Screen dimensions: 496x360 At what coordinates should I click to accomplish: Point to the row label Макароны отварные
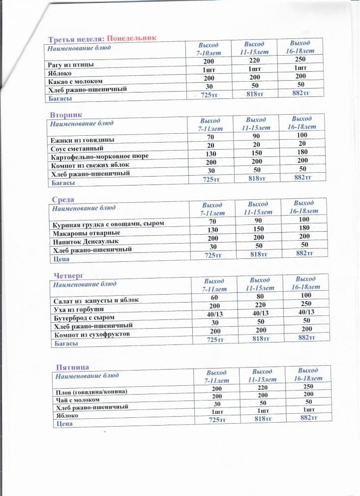86,233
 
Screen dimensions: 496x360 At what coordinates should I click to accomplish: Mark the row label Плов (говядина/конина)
91,392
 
